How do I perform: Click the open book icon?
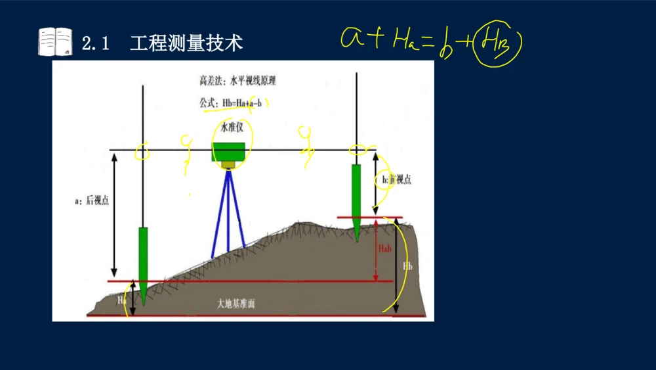tap(55, 42)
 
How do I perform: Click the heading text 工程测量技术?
tap(186, 43)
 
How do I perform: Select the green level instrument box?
tap(228, 152)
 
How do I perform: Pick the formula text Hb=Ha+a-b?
tap(246, 103)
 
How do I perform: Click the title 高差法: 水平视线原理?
tap(238, 81)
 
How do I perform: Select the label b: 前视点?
tap(396, 179)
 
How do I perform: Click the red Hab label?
tap(386, 248)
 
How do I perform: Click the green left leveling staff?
tap(143, 260)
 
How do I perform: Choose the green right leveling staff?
tap(356, 197)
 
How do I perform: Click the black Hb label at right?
tap(407, 266)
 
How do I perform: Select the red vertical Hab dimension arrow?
tap(375, 250)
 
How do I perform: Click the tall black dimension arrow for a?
tap(113, 214)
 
